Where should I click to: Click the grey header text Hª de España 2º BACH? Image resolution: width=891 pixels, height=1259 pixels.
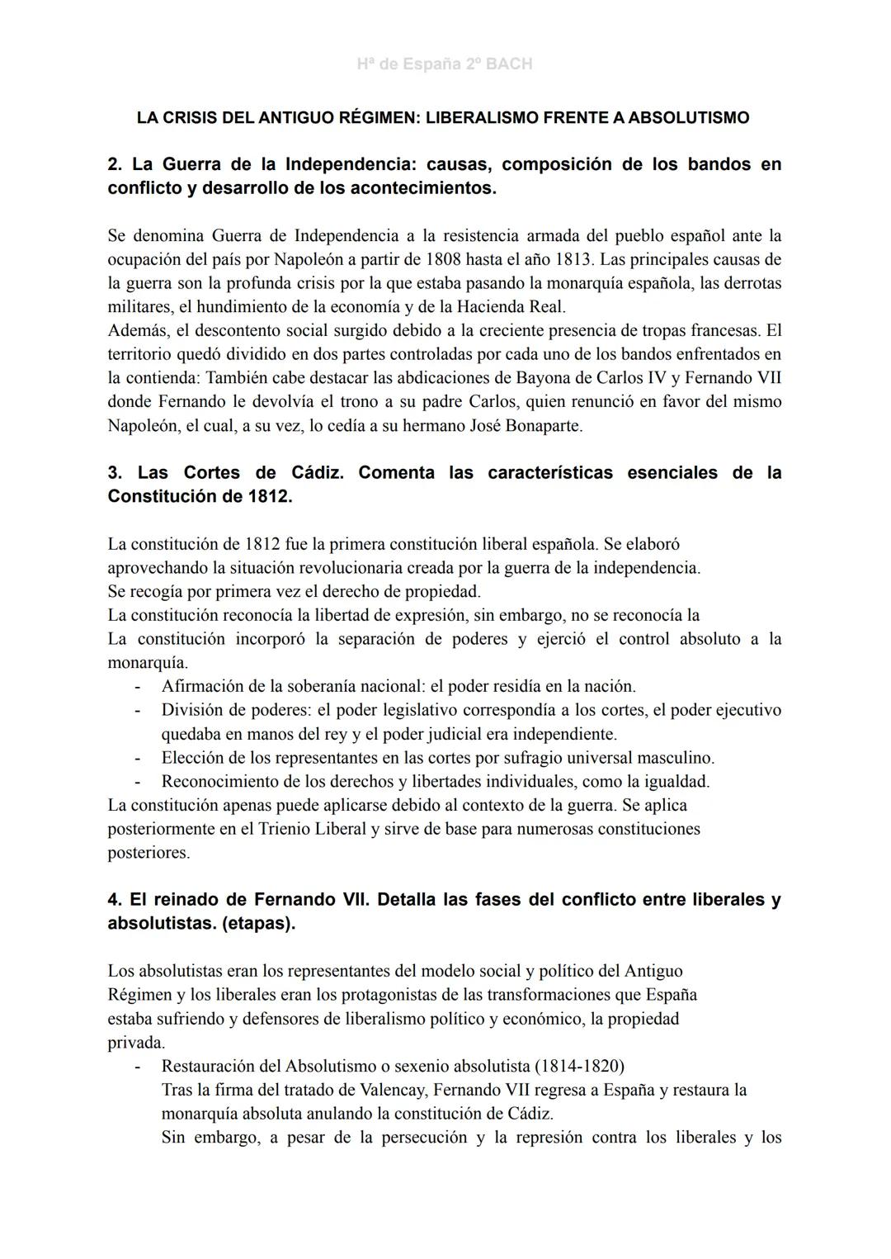point(445,64)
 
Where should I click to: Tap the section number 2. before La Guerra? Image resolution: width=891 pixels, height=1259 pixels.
point(115,164)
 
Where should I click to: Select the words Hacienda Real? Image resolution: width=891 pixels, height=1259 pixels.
point(512,307)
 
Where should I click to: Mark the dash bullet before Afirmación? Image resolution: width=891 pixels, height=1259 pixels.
point(138,687)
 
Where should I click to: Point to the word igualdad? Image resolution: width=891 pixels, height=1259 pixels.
point(676,781)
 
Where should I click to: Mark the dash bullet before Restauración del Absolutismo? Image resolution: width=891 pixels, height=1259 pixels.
point(138,1066)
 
